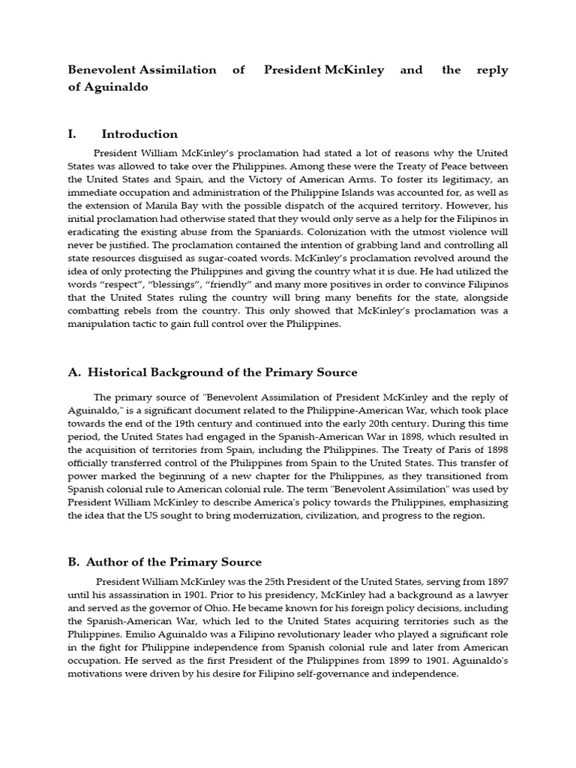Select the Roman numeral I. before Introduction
click(x=72, y=134)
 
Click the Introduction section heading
click(x=139, y=134)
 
